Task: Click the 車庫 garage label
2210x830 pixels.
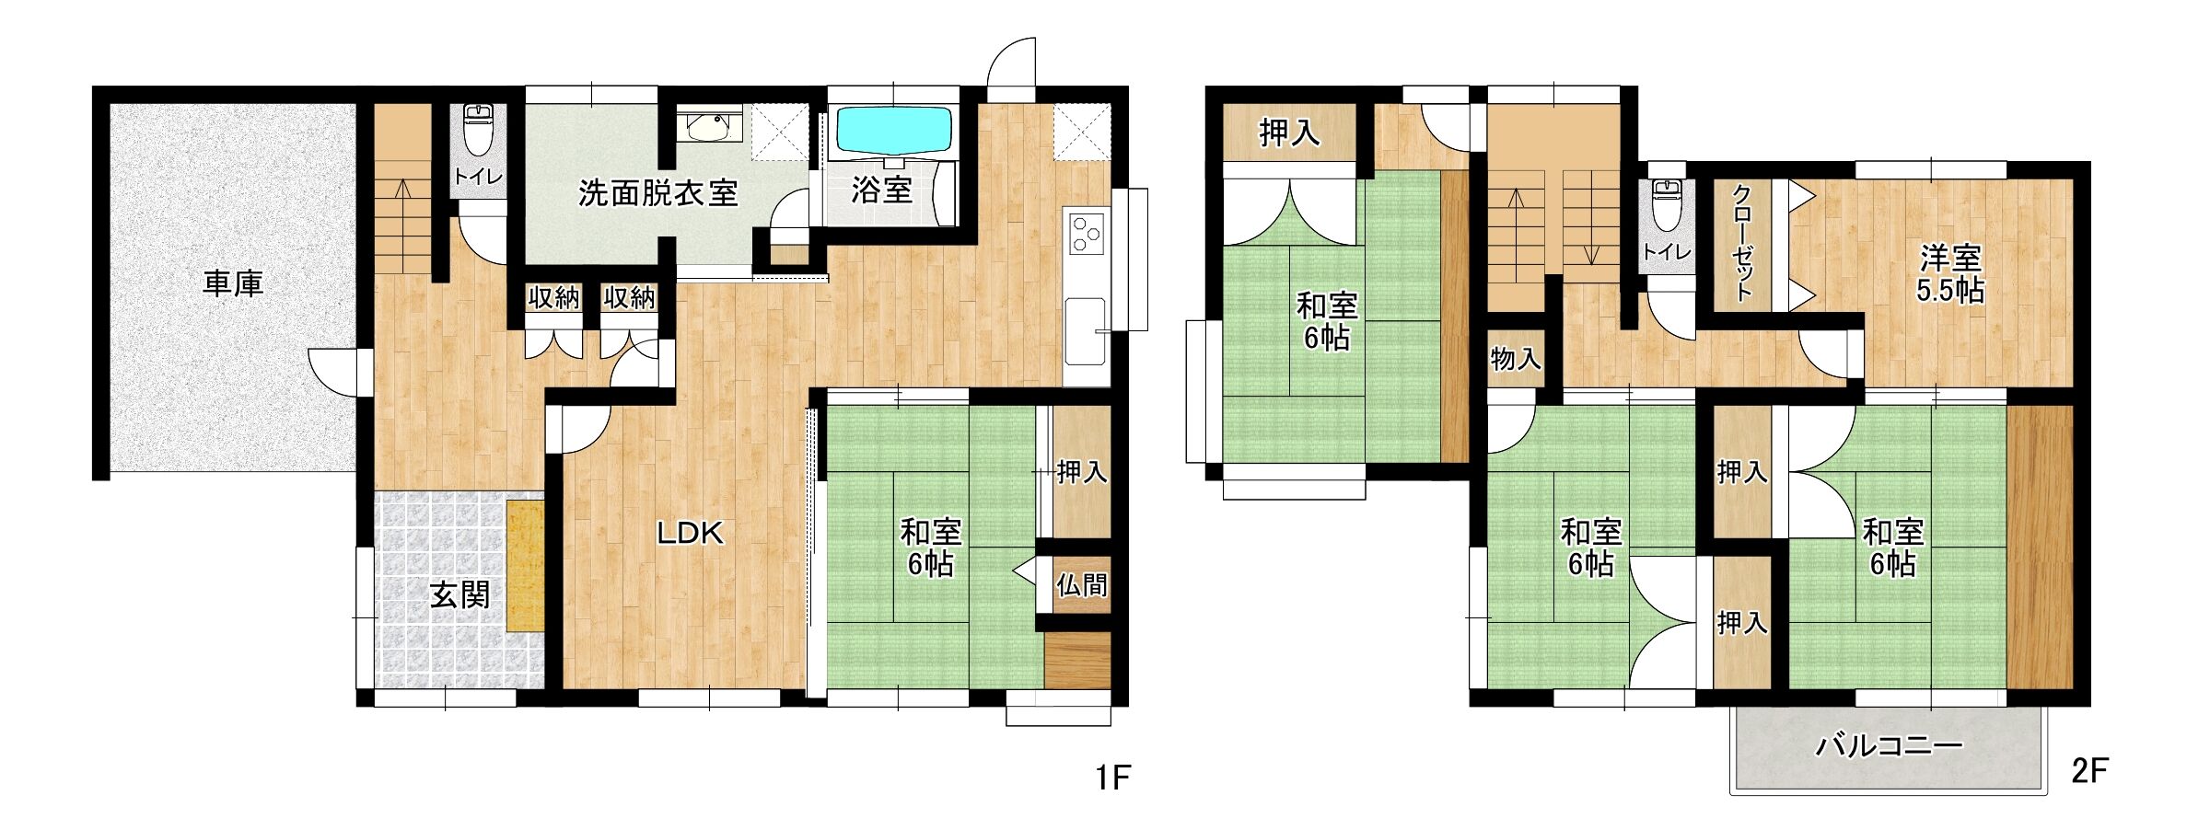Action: coord(233,283)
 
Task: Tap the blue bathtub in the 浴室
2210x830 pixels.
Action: coord(893,131)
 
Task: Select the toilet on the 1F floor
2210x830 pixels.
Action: coord(479,130)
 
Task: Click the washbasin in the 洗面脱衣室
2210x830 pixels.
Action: coord(710,126)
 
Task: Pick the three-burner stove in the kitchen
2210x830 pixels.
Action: coord(1087,232)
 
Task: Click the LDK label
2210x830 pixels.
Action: coord(690,533)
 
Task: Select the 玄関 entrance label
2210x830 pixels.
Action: coord(459,595)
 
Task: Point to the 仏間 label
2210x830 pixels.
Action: coord(1081,584)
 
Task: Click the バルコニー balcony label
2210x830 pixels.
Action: coord(1889,745)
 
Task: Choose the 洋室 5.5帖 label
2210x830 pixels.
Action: coord(1949,274)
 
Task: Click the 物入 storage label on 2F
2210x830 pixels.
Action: coord(1516,359)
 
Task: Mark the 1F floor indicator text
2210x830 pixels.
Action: coord(1112,778)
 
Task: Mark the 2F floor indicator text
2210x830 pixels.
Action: coord(2089,770)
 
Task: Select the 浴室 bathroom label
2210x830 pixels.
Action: coord(881,190)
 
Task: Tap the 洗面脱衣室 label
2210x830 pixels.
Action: coord(657,193)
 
